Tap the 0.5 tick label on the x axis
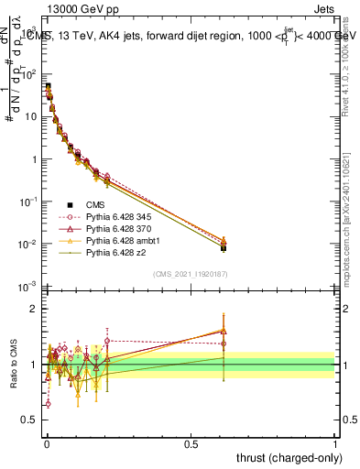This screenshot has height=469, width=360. click(x=191, y=442)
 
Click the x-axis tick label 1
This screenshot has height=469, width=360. click(x=335, y=442)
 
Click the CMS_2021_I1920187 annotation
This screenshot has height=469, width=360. click(x=190, y=272)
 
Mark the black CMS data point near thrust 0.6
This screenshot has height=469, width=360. click(x=223, y=247)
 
